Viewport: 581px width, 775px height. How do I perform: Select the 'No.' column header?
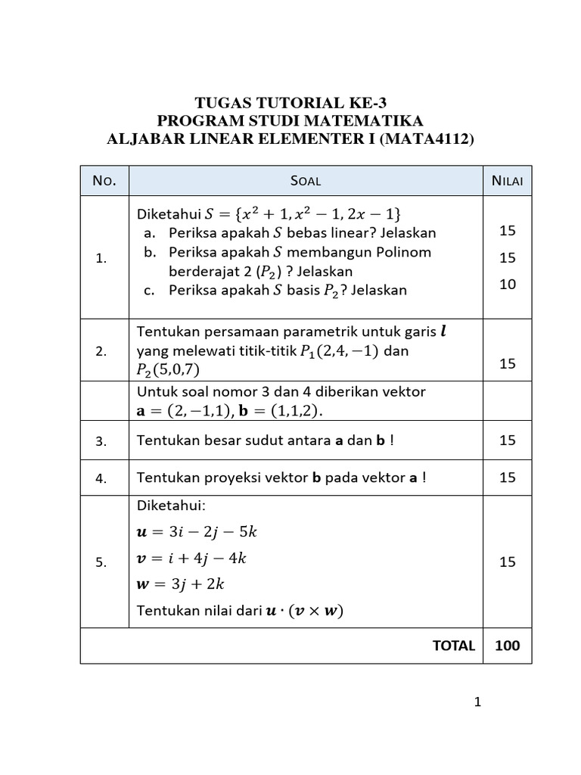tap(104, 180)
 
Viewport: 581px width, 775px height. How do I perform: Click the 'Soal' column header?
tap(306, 180)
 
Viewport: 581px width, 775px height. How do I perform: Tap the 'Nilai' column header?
tap(507, 180)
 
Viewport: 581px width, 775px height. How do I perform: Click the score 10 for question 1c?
tap(507, 285)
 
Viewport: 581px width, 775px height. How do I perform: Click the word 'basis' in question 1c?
tap(306, 290)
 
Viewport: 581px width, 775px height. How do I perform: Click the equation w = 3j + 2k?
tap(182, 584)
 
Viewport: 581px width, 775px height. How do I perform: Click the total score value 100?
tap(507, 646)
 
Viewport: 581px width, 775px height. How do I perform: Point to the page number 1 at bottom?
tap(477, 702)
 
